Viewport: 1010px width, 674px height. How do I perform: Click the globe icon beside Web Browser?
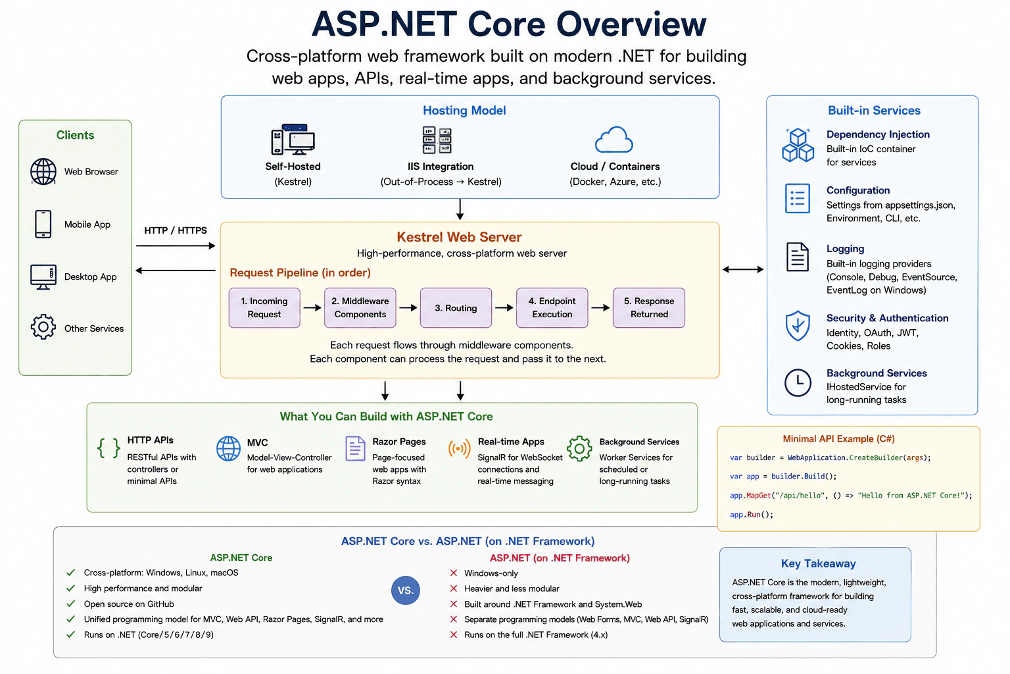tap(43, 172)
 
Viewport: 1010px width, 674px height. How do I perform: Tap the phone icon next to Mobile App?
tap(43, 224)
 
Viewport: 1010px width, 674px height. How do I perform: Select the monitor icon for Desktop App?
tap(43, 276)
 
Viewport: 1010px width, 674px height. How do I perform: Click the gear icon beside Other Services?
tap(43, 327)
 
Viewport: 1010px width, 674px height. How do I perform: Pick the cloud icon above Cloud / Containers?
tap(614, 140)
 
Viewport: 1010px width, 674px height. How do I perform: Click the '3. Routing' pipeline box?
tap(456, 308)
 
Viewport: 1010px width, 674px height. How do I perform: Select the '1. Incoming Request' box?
tap(264, 308)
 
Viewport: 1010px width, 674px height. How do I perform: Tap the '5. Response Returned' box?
tap(649, 308)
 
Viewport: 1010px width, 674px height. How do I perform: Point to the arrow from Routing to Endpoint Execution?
tap(504, 308)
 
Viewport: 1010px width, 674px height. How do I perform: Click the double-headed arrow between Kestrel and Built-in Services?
tap(742, 269)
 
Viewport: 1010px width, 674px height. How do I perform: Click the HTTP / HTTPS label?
tap(176, 230)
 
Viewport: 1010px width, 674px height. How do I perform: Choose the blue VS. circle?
tap(405, 590)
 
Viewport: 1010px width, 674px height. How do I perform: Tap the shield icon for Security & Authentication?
tap(798, 326)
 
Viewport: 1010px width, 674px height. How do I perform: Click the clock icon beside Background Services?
tap(798, 383)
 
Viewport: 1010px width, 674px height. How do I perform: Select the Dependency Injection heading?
tap(878, 134)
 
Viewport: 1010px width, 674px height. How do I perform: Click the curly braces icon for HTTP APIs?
tap(108, 449)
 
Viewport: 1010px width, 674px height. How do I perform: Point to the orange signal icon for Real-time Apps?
tap(460, 449)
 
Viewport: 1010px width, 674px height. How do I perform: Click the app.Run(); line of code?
tap(752, 515)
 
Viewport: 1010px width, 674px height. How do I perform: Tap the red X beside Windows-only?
tap(454, 573)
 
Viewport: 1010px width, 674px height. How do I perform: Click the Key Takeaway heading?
tap(819, 563)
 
